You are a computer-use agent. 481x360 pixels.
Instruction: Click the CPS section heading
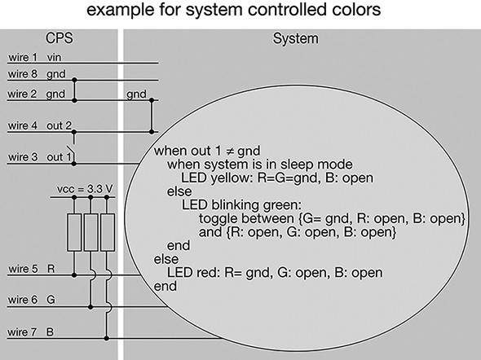60,38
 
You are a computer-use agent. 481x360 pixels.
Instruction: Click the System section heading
296,39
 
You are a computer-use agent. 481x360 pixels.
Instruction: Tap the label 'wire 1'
23,57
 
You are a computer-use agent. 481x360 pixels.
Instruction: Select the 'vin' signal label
54,57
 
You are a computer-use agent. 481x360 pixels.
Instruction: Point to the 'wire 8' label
23,74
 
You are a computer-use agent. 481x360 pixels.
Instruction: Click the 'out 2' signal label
59,125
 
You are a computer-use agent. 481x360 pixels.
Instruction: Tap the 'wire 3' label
23,157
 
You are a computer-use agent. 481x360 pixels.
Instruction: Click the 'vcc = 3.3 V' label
85,189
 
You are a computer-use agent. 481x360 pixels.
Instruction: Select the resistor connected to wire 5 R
74,233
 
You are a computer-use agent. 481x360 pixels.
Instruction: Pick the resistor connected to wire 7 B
108,233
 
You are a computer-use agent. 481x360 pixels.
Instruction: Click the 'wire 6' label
23,300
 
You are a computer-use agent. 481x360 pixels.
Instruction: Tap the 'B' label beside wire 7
50,332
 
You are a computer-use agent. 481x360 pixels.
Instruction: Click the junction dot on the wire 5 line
74,275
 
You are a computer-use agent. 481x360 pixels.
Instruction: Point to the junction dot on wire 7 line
107,338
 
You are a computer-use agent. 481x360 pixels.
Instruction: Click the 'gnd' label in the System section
136,94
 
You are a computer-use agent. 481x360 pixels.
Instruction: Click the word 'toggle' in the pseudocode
218,219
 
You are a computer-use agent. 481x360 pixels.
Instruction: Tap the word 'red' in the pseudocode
208,273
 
